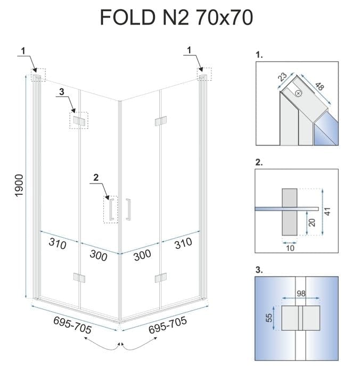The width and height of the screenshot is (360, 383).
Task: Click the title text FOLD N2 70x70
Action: (176, 18)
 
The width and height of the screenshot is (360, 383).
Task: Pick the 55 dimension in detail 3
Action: (269, 318)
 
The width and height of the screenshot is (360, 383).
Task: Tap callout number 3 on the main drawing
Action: (62, 92)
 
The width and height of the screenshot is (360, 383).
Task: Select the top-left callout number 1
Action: (23, 51)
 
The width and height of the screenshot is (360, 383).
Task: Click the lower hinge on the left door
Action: (78, 277)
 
